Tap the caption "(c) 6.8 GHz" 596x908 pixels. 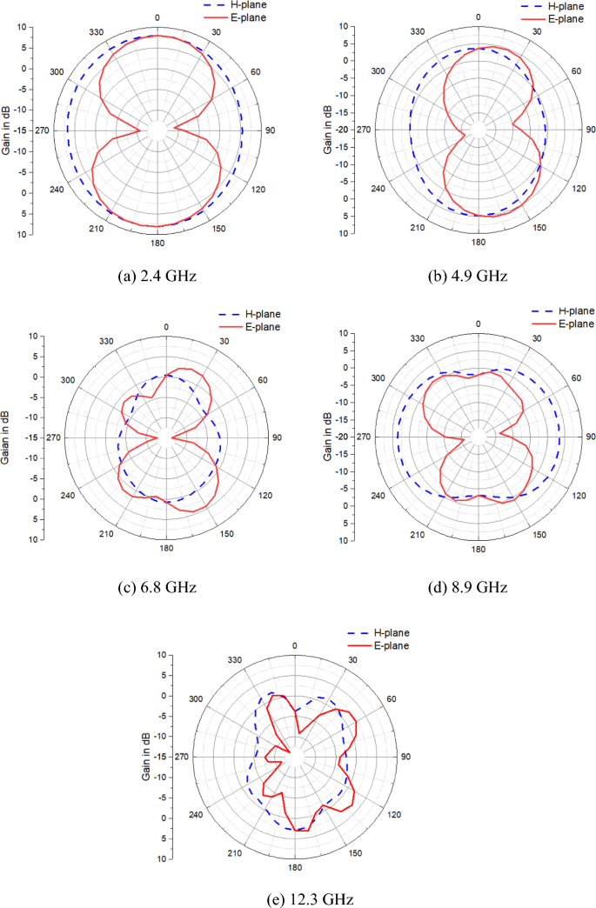157,586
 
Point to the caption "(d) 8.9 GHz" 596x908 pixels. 476,586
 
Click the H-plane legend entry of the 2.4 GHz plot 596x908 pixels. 244,5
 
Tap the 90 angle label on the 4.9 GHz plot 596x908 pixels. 589,130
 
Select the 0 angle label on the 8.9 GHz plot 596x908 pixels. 478,324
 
